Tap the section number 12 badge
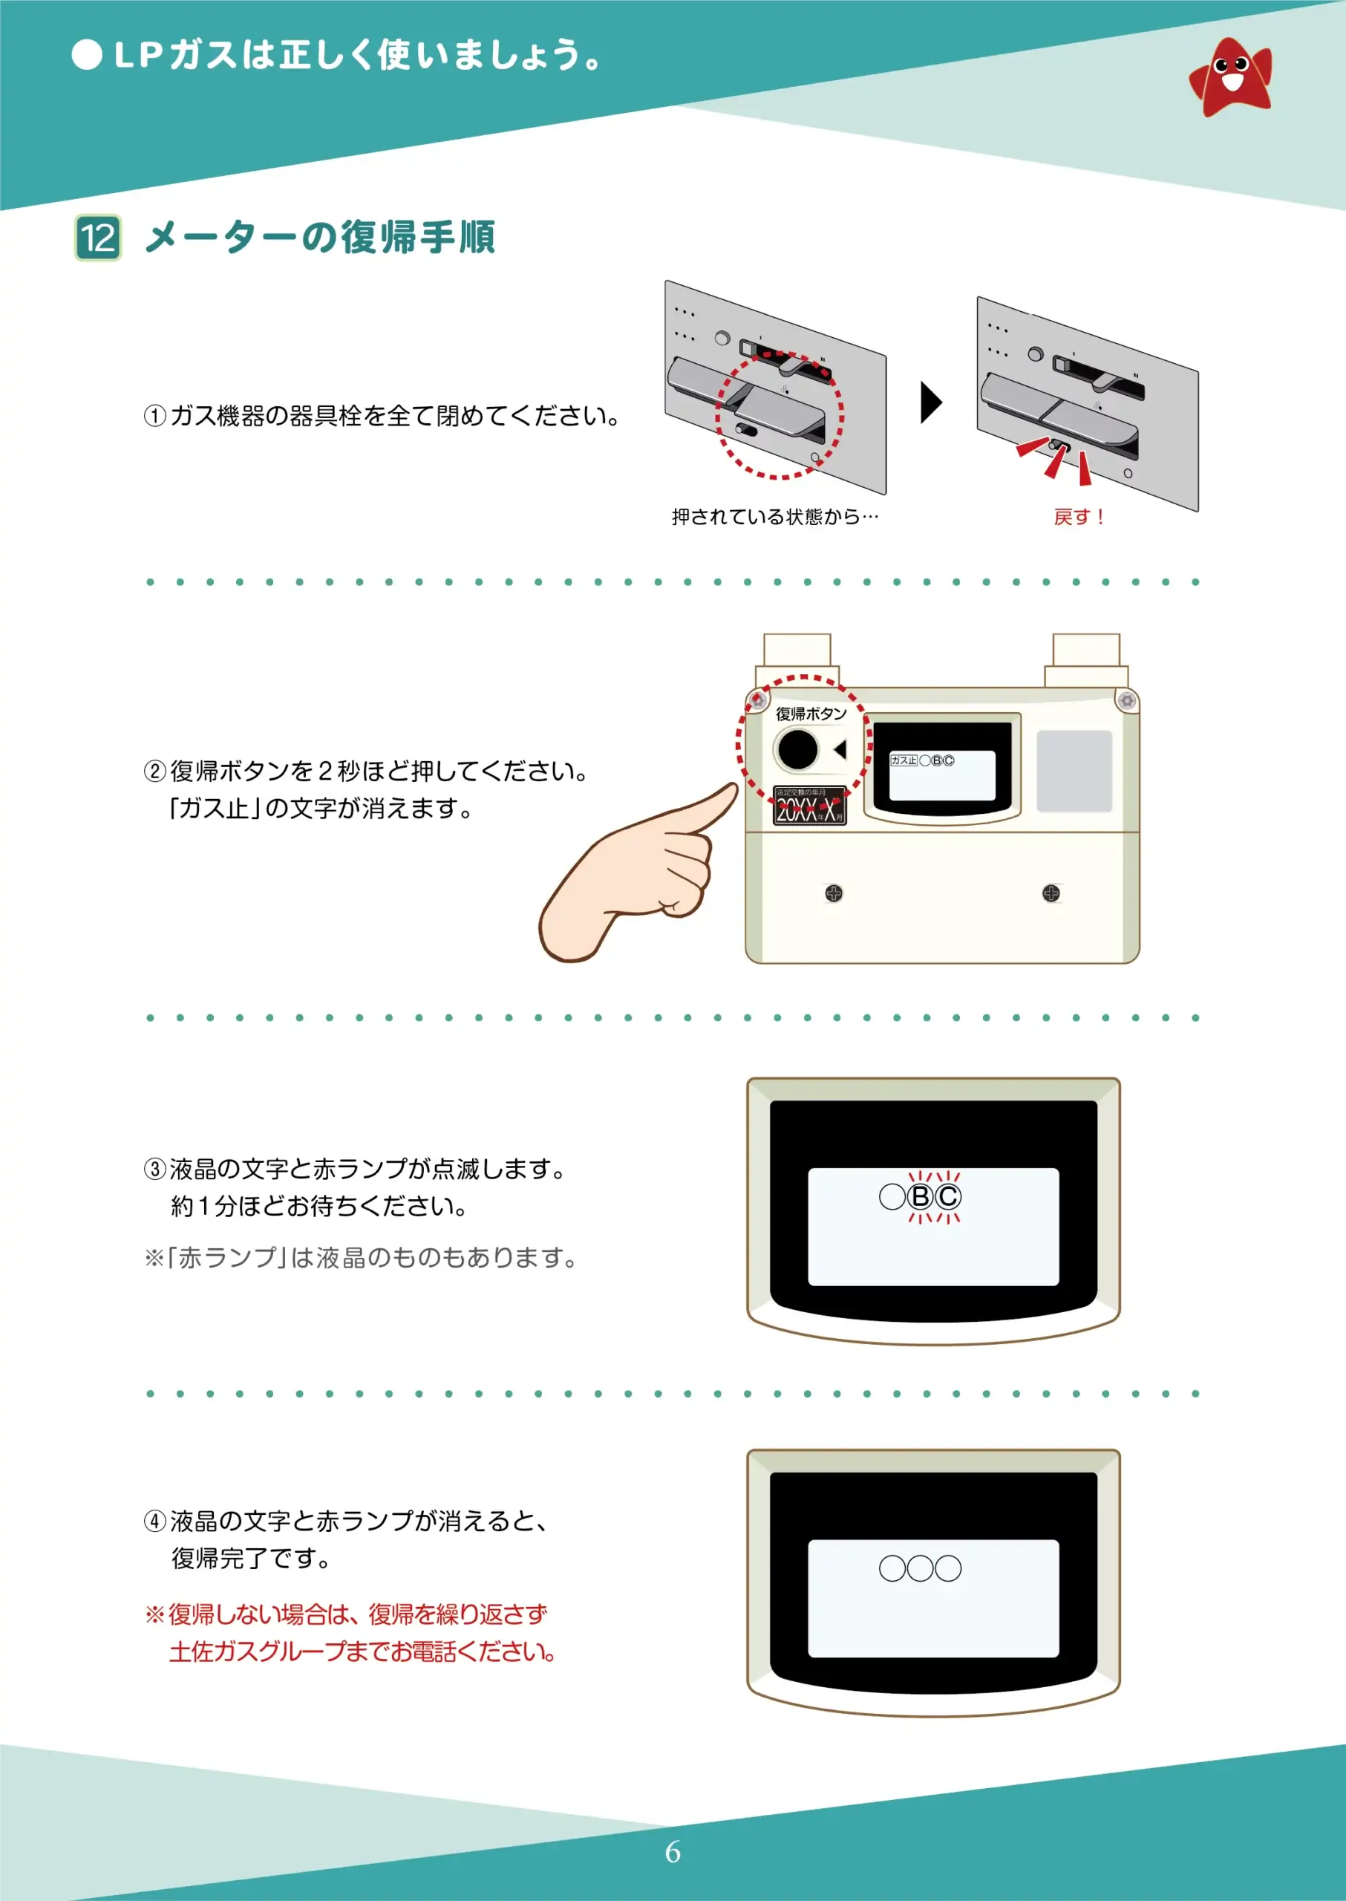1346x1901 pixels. (98, 238)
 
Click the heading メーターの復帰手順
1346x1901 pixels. (320, 238)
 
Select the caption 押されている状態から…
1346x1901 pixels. (774, 517)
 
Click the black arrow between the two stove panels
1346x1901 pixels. (931, 403)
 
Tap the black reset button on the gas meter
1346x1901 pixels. (797, 749)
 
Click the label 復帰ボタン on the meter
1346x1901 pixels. (811, 714)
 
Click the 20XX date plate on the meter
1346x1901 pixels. (809, 806)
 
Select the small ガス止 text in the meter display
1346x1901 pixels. (904, 760)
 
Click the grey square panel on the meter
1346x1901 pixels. (1074, 771)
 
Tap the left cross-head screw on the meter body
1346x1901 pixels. (834, 893)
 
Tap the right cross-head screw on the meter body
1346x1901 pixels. (1051, 893)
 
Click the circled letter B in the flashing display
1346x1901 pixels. (920, 1196)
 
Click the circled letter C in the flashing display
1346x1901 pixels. (948, 1196)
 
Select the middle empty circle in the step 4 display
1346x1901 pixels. (920, 1568)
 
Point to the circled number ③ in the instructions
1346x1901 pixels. (155, 1169)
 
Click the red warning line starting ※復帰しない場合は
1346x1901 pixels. (347, 1614)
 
